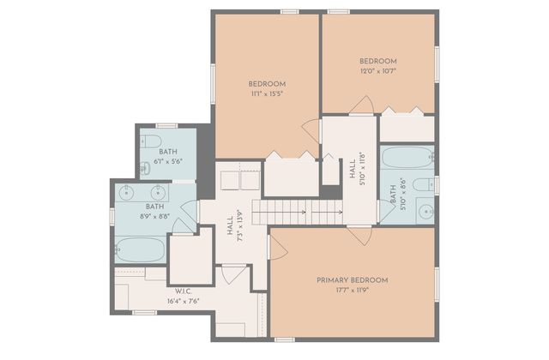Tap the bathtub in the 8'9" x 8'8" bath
(140, 250)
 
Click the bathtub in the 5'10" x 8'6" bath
(407, 159)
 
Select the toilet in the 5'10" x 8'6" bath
(423, 184)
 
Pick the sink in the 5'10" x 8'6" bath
(424, 210)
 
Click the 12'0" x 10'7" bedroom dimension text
(377, 72)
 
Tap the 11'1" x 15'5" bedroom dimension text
(267, 94)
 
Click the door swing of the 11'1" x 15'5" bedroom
(311, 131)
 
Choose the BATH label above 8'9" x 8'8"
(154, 207)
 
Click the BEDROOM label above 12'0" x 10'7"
(377, 61)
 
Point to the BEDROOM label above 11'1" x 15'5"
(267, 83)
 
